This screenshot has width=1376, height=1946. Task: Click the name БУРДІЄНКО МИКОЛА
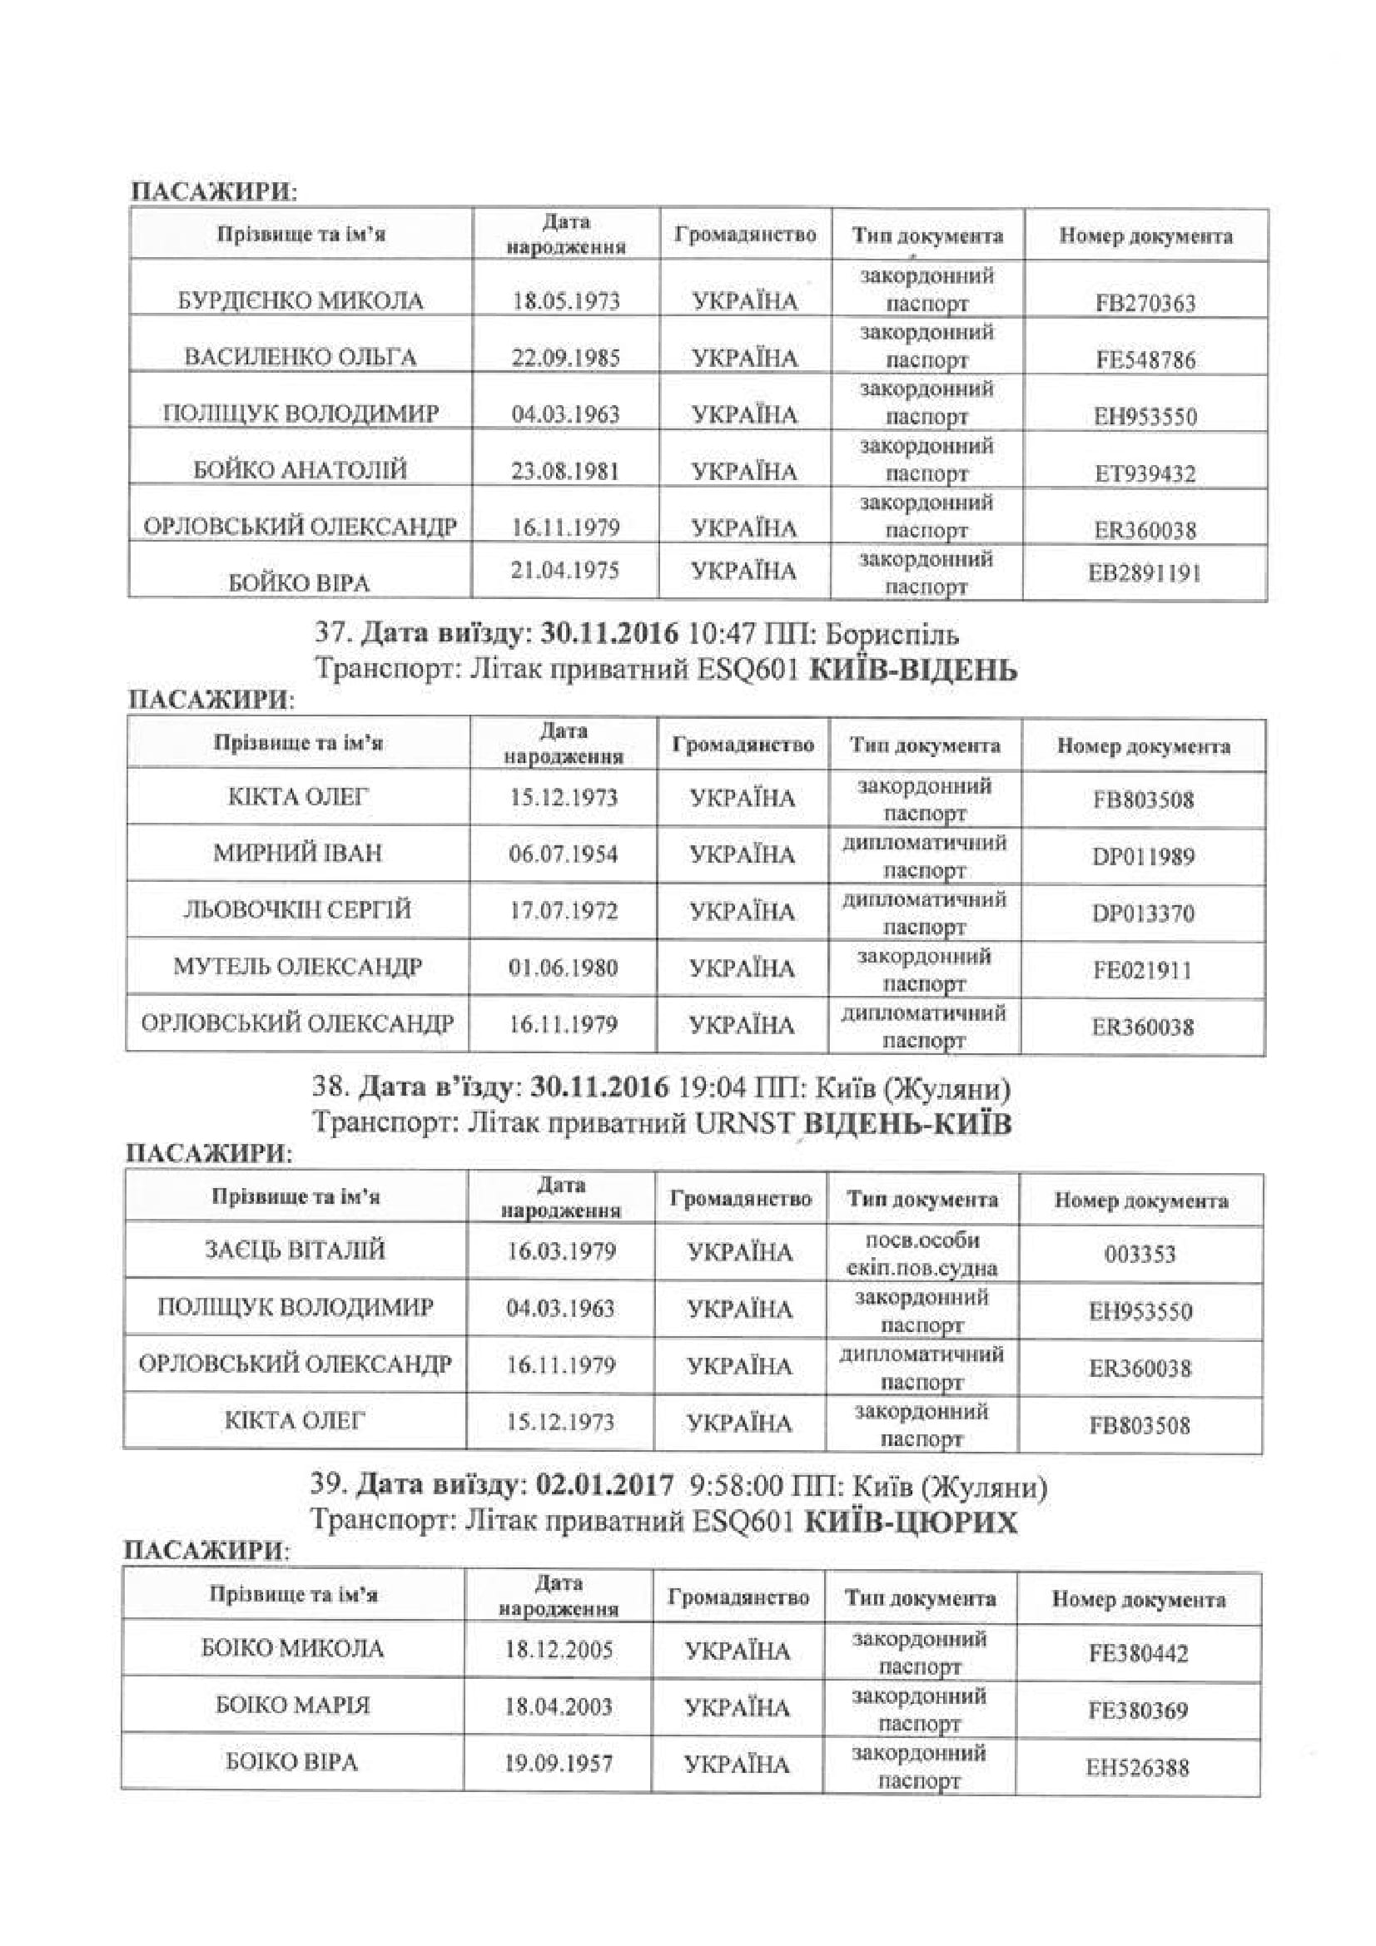tap(301, 301)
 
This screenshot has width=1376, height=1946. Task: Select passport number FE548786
tap(1145, 359)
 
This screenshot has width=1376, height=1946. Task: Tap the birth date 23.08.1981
tap(564, 470)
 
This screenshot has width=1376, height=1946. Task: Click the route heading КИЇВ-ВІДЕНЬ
tap(914, 671)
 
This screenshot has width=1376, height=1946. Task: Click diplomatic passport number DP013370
tap(1143, 914)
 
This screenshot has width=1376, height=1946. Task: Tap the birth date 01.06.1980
tap(563, 967)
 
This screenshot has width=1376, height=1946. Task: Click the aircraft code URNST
tap(744, 1124)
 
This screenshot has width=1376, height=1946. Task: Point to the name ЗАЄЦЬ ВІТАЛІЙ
tap(295, 1250)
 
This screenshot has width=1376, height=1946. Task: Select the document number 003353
tap(1140, 1254)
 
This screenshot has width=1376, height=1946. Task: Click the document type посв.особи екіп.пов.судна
tap(921, 1254)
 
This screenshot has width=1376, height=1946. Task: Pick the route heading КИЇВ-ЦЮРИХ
tap(910, 1523)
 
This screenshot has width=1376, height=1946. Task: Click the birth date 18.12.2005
tap(559, 1649)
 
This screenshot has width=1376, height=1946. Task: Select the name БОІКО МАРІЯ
tap(292, 1705)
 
